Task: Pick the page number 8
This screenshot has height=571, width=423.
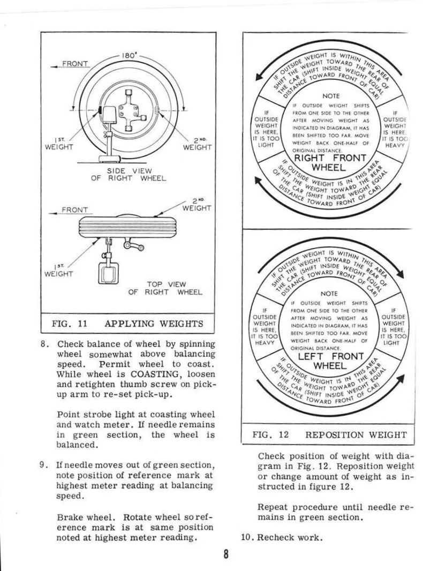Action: [x=226, y=554]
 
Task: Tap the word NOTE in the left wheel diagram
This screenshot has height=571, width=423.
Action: [x=327, y=293]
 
